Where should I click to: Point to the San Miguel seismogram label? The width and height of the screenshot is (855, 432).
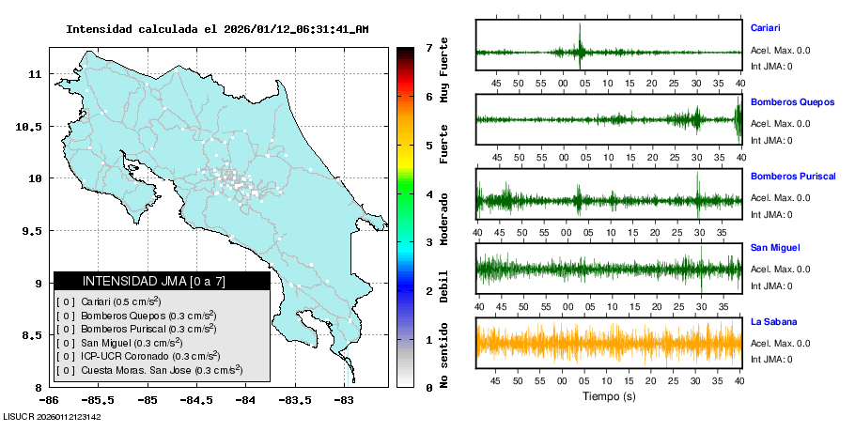tap(775, 248)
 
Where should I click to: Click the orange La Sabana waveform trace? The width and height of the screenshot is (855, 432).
tap(609, 343)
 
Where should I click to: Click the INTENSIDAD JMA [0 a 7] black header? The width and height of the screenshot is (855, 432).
tap(162, 281)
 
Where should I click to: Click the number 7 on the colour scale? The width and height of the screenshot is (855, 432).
tap(428, 47)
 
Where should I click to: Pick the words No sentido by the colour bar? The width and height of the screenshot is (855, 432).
tap(444, 355)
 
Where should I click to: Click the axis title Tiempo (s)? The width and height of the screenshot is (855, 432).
tap(609, 397)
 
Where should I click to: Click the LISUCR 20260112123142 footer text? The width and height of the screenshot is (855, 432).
tap(53, 416)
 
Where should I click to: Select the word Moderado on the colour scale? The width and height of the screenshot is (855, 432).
tap(444, 215)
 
